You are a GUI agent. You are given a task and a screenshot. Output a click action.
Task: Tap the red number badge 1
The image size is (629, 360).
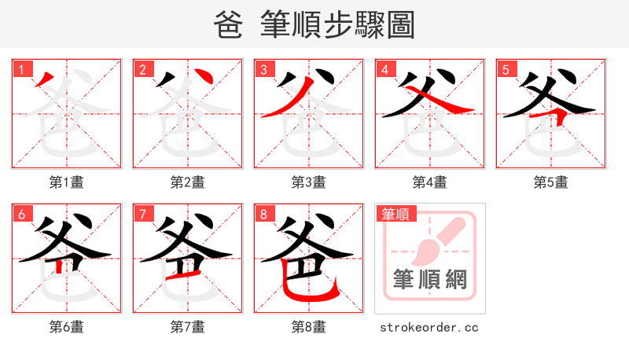(21, 69)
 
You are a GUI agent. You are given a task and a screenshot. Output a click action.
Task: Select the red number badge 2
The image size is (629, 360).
(142, 69)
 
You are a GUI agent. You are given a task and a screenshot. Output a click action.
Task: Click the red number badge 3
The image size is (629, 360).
(263, 69)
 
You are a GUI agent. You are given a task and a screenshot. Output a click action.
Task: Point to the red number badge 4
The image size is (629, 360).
(384, 69)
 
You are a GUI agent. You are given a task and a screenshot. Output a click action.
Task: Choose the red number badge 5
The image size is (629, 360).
(506, 69)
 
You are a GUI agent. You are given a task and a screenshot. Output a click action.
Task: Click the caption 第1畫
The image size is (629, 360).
(66, 182)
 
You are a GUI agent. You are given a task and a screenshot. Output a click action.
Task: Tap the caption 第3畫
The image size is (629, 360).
(308, 182)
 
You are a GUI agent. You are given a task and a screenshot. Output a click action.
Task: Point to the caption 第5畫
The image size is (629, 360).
(550, 182)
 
